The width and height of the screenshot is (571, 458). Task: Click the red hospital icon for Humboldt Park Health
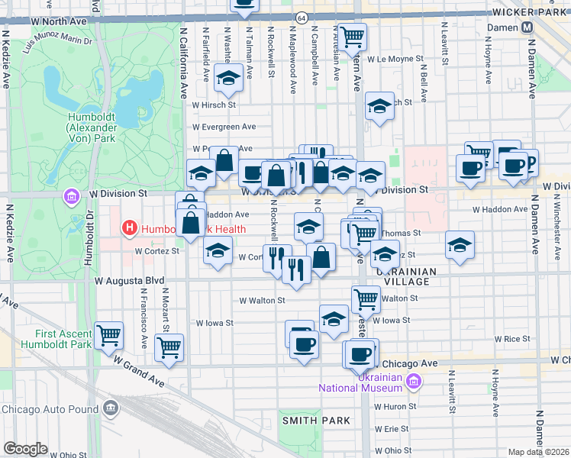(130, 227)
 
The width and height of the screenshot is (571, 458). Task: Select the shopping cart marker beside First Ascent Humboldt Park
(109, 334)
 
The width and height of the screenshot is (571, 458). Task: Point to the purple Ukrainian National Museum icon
(414, 382)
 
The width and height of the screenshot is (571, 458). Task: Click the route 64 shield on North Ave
(302, 17)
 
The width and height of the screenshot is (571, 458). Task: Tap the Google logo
(25, 448)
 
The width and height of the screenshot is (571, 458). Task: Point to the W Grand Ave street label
(140, 369)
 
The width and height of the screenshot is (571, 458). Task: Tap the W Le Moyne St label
(395, 58)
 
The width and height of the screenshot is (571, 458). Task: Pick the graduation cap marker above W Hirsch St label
(227, 77)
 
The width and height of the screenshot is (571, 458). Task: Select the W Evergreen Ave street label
(224, 127)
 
